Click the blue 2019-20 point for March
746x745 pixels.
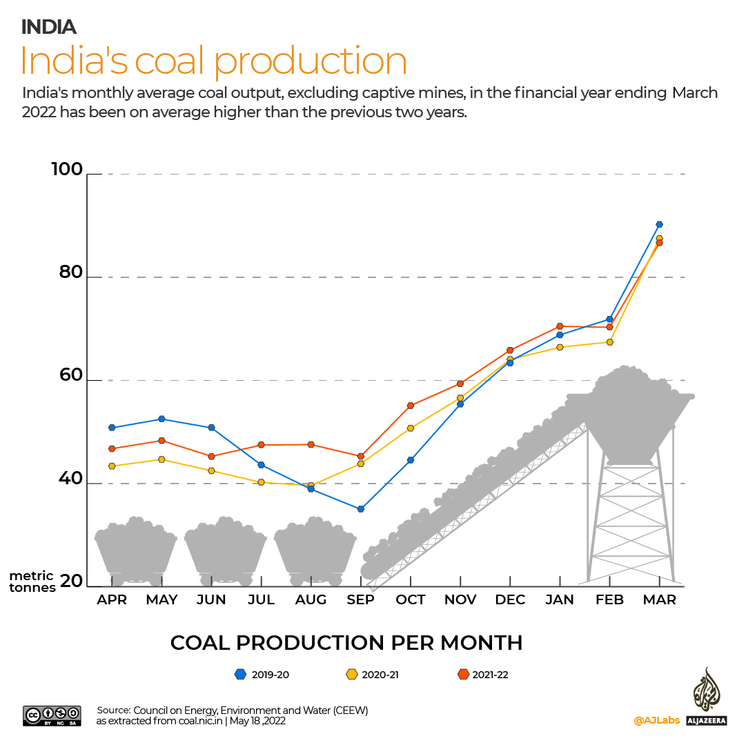pos(659,224)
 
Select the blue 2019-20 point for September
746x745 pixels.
pos(360,509)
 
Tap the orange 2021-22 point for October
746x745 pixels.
pos(411,406)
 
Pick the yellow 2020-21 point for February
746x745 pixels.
pos(609,342)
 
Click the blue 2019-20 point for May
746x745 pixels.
pos(161,419)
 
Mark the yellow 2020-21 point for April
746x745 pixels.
pos(112,466)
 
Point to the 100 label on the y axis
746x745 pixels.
pos(66,170)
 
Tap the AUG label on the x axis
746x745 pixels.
pos(311,600)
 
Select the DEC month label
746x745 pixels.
pos(510,600)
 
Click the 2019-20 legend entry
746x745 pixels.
pos(262,675)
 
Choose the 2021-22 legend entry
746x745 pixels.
pos(483,675)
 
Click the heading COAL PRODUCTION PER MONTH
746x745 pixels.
pos(346,643)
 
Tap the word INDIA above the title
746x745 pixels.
pos(48,27)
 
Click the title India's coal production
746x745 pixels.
pos(213,61)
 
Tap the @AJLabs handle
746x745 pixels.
pos(656,720)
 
